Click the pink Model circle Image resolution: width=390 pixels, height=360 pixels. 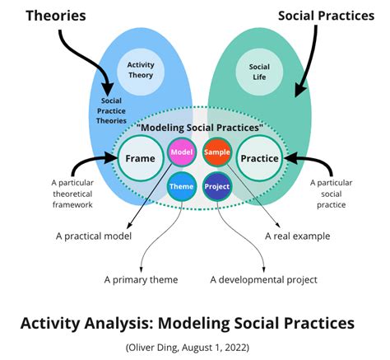tap(182, 152)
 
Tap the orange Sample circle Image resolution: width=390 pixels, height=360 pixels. tap(217, 152)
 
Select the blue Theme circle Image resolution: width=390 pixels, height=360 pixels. tap(182, 187)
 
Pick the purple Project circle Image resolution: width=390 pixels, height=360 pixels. tap(217, 187)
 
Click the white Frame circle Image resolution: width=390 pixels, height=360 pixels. tap(141, 158)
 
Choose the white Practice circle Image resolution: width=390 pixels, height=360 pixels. tap(259, 158)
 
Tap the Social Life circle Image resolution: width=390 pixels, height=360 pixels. tap(259, 72)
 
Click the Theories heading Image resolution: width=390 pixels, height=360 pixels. tap(56, 16)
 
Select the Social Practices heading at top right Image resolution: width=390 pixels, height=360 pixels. tap(326, 16)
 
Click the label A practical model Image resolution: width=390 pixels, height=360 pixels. tap(94, 236)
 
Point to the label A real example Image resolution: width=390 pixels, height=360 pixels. tap(298, 236)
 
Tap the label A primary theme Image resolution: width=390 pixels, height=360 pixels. tap(141, 280)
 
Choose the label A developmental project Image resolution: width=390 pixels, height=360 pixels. tap(263, 280)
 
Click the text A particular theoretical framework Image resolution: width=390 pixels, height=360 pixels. tap(72, 194)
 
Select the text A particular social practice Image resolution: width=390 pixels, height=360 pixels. tap(332, 194)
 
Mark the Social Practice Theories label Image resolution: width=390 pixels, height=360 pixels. tap(111, 110)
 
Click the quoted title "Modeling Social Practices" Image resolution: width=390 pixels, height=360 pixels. tap(200, 128)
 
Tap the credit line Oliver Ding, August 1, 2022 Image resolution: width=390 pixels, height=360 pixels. tap(188, 348)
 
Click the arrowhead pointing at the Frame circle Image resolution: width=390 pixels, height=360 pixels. tap(112, 158)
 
